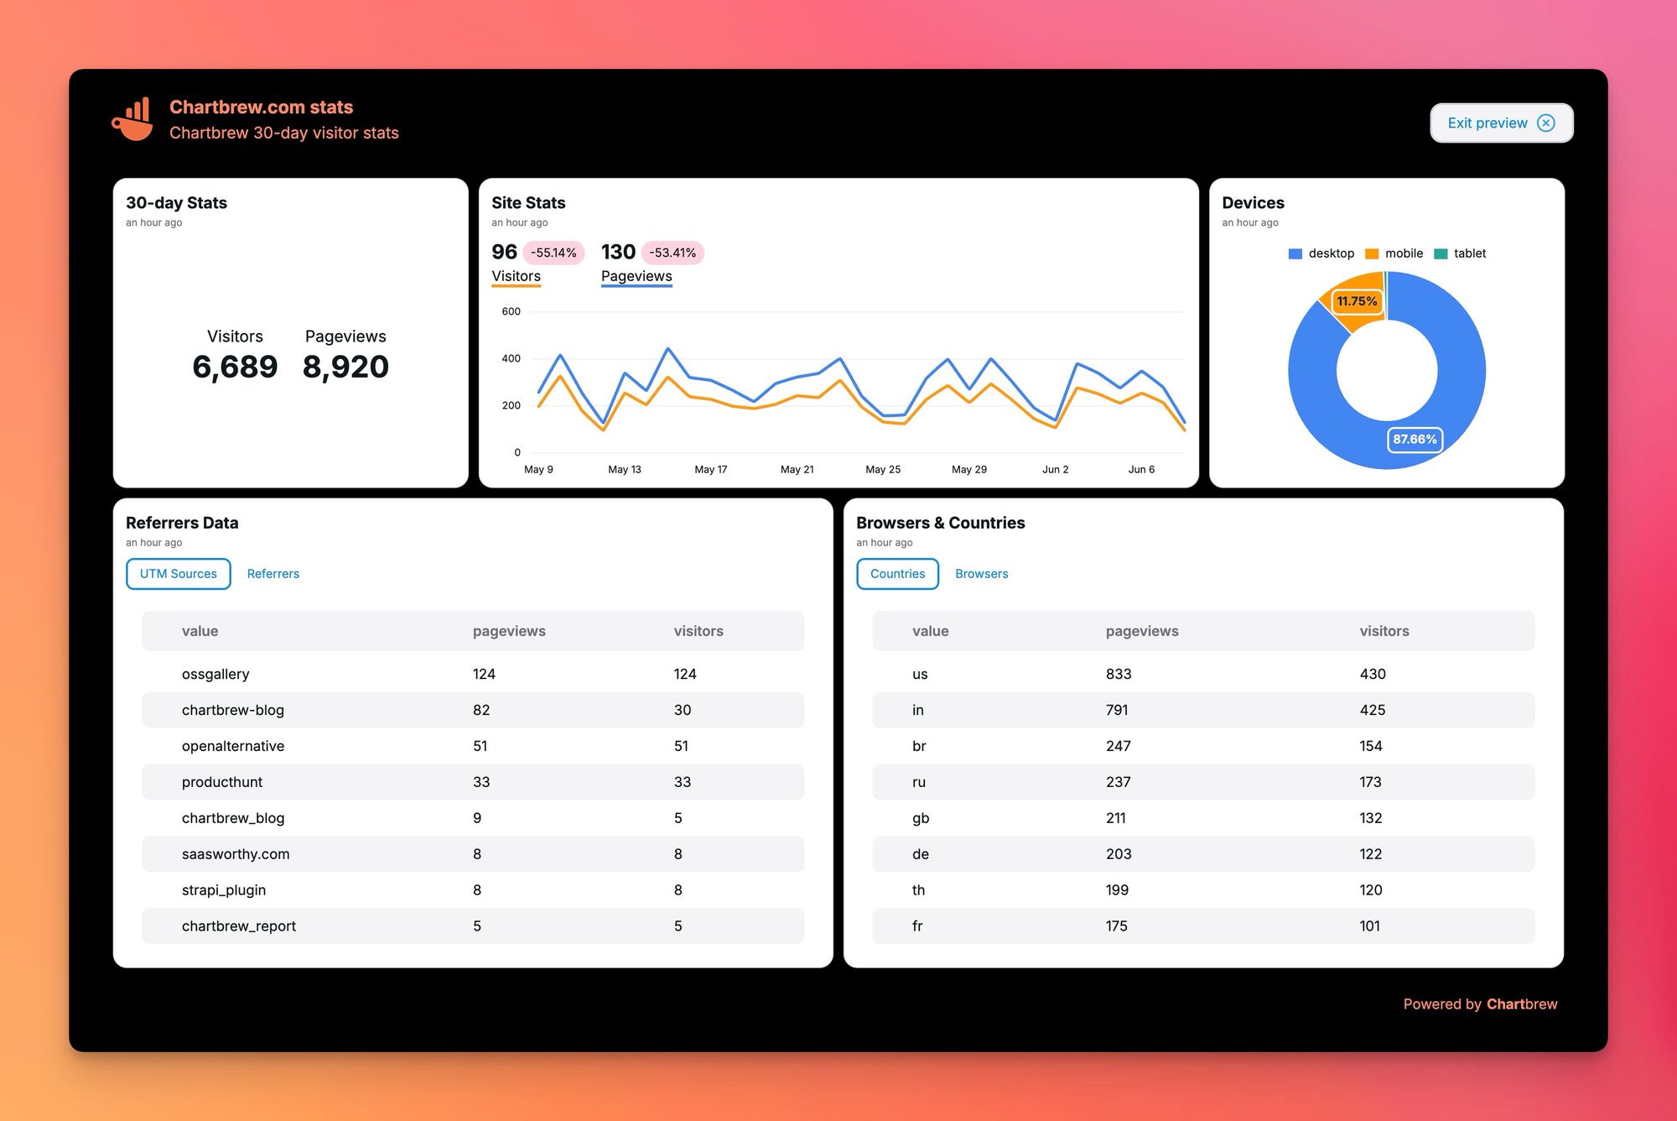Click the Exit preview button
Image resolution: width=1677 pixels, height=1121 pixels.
click(1500, 123)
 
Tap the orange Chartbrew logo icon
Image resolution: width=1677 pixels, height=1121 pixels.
click(132, 119)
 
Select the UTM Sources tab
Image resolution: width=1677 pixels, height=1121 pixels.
click(178, 574)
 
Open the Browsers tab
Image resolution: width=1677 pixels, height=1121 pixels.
click(981, 574)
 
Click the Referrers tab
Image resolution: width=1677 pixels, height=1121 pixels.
click(273, 574)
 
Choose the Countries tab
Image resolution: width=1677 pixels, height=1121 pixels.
click(897, 574)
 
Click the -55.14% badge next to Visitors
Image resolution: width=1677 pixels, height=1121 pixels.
click(553, 253)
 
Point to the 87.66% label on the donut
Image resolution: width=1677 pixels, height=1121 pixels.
click(1415, 439)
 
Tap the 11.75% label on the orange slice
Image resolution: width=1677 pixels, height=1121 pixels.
click(1357, 301)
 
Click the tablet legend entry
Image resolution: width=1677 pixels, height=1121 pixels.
click(1461, 253)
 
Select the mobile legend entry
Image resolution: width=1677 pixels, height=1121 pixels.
click(1394, 253)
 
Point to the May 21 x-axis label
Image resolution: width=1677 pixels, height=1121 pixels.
click(797, 469)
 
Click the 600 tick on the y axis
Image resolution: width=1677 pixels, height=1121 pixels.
click(511, 311)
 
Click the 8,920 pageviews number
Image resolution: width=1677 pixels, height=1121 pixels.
click(345, 367)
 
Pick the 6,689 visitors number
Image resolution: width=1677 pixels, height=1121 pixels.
click(235, 367)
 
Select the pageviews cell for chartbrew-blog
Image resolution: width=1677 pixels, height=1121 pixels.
click(481, 710)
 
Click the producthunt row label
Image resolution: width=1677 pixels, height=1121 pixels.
click(222, 782)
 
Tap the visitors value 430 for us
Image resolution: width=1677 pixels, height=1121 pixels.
click(1372, 674)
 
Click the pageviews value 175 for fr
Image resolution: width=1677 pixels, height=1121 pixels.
click(1116, 926)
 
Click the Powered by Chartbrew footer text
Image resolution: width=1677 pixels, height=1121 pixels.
click(1479, 1004)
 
